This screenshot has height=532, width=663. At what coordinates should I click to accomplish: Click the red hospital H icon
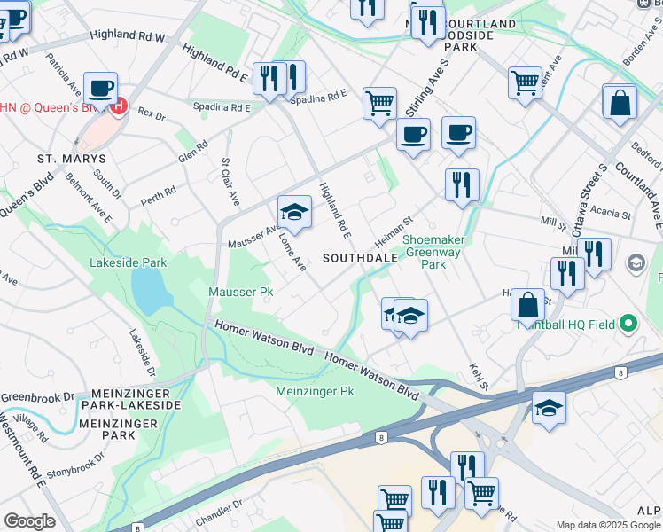119,107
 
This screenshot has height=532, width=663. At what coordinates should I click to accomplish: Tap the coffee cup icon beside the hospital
101,88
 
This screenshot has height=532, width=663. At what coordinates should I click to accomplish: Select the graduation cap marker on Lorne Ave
294,213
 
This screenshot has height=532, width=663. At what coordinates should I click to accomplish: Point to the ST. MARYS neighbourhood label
71,159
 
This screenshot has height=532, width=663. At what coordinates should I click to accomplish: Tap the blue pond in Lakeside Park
147,286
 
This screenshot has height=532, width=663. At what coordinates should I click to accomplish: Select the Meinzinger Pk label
315,391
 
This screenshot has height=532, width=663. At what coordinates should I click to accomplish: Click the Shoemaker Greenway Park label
436,252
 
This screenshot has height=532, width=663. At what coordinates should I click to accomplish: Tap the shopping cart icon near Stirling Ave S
379,103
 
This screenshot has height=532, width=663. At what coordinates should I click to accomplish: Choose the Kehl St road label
479,375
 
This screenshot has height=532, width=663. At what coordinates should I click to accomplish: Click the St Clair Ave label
230,181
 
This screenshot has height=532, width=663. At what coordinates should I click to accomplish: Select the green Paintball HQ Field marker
628,324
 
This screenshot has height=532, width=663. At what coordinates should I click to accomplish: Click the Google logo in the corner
29,521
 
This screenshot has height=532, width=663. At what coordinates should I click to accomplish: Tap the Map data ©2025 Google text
607,525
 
